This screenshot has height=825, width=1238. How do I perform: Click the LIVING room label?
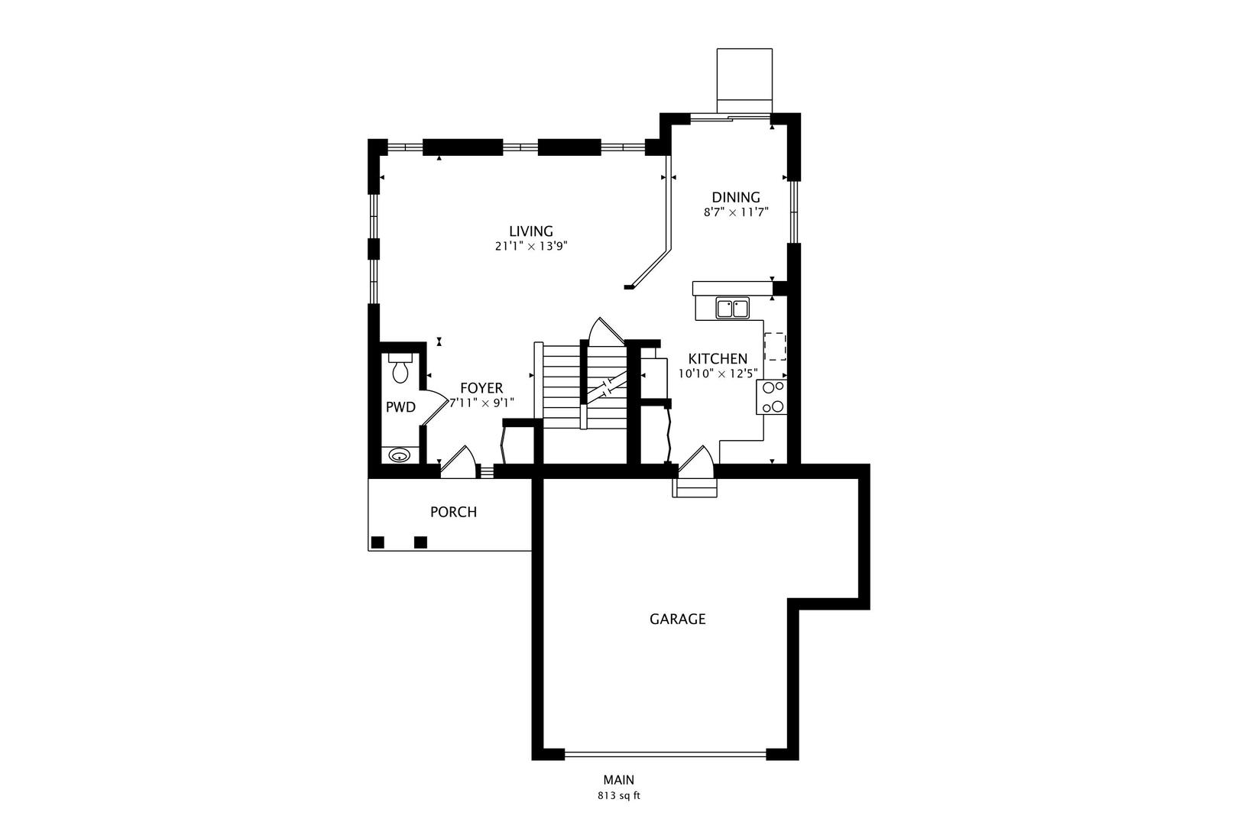(x=531, y=231)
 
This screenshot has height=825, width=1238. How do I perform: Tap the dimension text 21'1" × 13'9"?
(x=531, y=247)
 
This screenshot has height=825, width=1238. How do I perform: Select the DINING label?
(x=736, y=198)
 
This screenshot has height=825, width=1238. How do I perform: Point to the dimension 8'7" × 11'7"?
(x=736, y=213)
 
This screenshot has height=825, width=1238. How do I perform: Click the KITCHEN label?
(x=718, y=359)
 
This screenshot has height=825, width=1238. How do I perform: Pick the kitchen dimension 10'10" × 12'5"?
(x=718, y=374)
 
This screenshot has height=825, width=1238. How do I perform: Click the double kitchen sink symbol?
(x=733, y=309)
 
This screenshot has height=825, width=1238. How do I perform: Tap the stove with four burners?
(x=771, y=397)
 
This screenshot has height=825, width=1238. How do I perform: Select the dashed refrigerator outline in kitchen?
(x=775, y=346)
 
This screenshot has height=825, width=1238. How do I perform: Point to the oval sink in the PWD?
(x=399, y=455)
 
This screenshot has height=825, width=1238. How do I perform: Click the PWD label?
(x=400, y=408)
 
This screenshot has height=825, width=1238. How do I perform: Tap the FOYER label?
(x=481, y=389)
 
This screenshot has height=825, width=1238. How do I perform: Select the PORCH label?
(x=453, y=513)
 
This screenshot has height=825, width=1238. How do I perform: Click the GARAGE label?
(x=677, y=620)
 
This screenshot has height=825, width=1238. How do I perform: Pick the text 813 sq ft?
(x=618, y=796)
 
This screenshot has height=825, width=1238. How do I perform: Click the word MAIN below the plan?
(x=618, y=781)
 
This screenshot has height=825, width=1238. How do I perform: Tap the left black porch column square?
(x=377, y=542)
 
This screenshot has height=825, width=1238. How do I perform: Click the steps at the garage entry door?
(x=695, y=487)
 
